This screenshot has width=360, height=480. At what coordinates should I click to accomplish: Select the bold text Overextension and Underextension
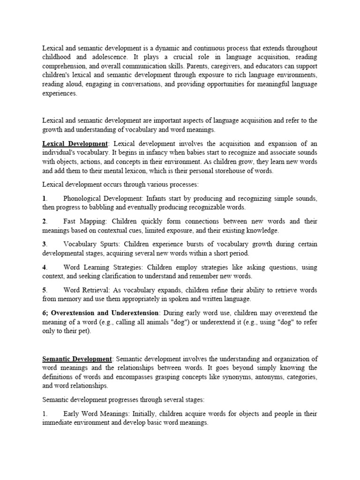click(105, 313)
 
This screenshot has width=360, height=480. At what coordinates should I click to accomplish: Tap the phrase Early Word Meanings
click(96, 414)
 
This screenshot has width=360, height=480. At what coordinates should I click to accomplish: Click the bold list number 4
click(44, 267)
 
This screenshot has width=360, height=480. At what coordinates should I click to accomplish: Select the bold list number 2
click(44, 221)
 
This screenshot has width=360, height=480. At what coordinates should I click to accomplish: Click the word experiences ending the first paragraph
click(59, 93)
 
